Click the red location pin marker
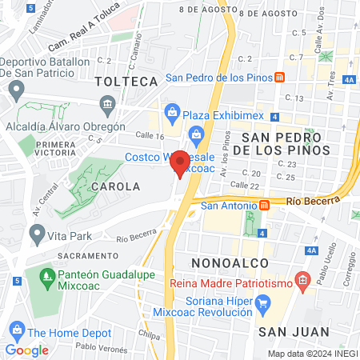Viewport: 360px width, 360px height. [x=181, y=163]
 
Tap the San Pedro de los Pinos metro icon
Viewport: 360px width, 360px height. [x=280, y=78]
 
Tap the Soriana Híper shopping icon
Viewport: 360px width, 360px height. [x=264, y=303]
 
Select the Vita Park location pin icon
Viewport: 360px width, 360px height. [x=36, y=234]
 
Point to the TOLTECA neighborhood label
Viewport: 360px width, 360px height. [x=126, y=82]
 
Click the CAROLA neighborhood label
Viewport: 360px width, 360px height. [x=117, y=186]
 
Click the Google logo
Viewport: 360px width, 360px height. [x=26, y=350]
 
